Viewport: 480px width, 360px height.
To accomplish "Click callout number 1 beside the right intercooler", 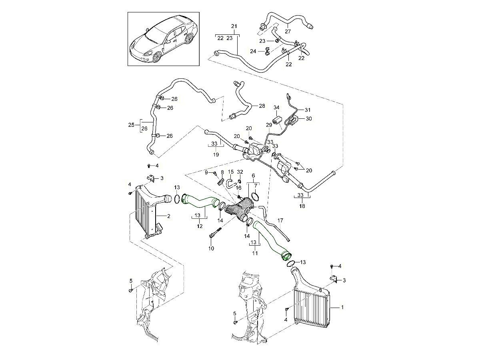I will pos(342,307).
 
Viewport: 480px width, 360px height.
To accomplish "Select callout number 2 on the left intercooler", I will pos(169,216).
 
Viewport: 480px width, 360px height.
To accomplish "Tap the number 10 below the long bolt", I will pos(211,248).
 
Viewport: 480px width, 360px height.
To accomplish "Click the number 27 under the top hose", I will pos(288,32).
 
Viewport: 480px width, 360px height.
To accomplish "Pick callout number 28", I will pos(262,106).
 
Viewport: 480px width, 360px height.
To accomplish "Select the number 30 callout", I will pos(308,118).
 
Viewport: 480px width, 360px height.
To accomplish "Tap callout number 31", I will pos(307,110).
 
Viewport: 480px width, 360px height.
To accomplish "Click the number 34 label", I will pos(276,108).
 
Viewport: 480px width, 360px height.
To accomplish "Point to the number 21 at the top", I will pos(234,26).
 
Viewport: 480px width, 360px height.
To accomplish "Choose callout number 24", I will pos(253,51).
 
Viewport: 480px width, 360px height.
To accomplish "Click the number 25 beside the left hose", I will pos(131,125).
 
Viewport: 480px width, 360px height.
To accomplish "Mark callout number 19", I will pos(216,154).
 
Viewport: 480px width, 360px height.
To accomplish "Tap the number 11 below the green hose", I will pos(255,253).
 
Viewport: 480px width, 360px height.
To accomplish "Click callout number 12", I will pos(199,226).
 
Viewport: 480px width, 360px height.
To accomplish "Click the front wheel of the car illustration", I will pos(156,57).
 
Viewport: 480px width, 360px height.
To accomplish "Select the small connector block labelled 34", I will pos(277,120).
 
